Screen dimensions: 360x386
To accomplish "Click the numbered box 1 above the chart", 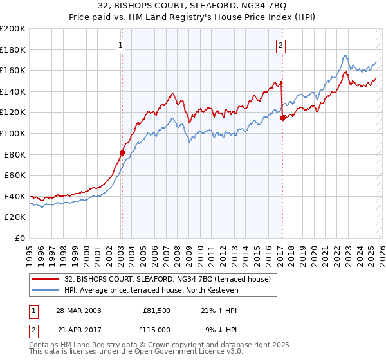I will tap(122, 45).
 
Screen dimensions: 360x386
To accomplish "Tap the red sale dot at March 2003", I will tap(122, 152).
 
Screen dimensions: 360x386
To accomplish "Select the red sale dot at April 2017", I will tap(282, 117).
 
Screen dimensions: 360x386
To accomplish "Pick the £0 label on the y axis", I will tap(19, 238).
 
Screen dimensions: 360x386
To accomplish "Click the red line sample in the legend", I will tap(46, 279).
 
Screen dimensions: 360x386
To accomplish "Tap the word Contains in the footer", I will tap(45, 346).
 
